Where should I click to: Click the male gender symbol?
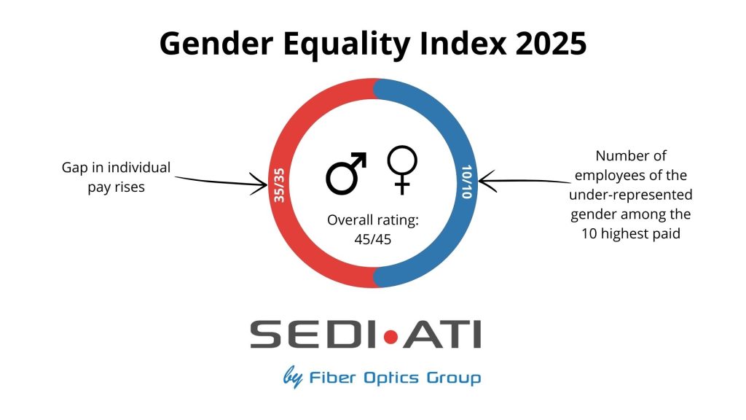345,173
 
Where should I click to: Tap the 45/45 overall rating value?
373,238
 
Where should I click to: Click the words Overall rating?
373,220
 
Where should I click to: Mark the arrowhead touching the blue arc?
482,181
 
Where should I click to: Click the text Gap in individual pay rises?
116,177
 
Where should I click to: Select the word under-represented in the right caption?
632,196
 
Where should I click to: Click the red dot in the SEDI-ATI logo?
391,336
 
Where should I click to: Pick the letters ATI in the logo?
441,336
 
